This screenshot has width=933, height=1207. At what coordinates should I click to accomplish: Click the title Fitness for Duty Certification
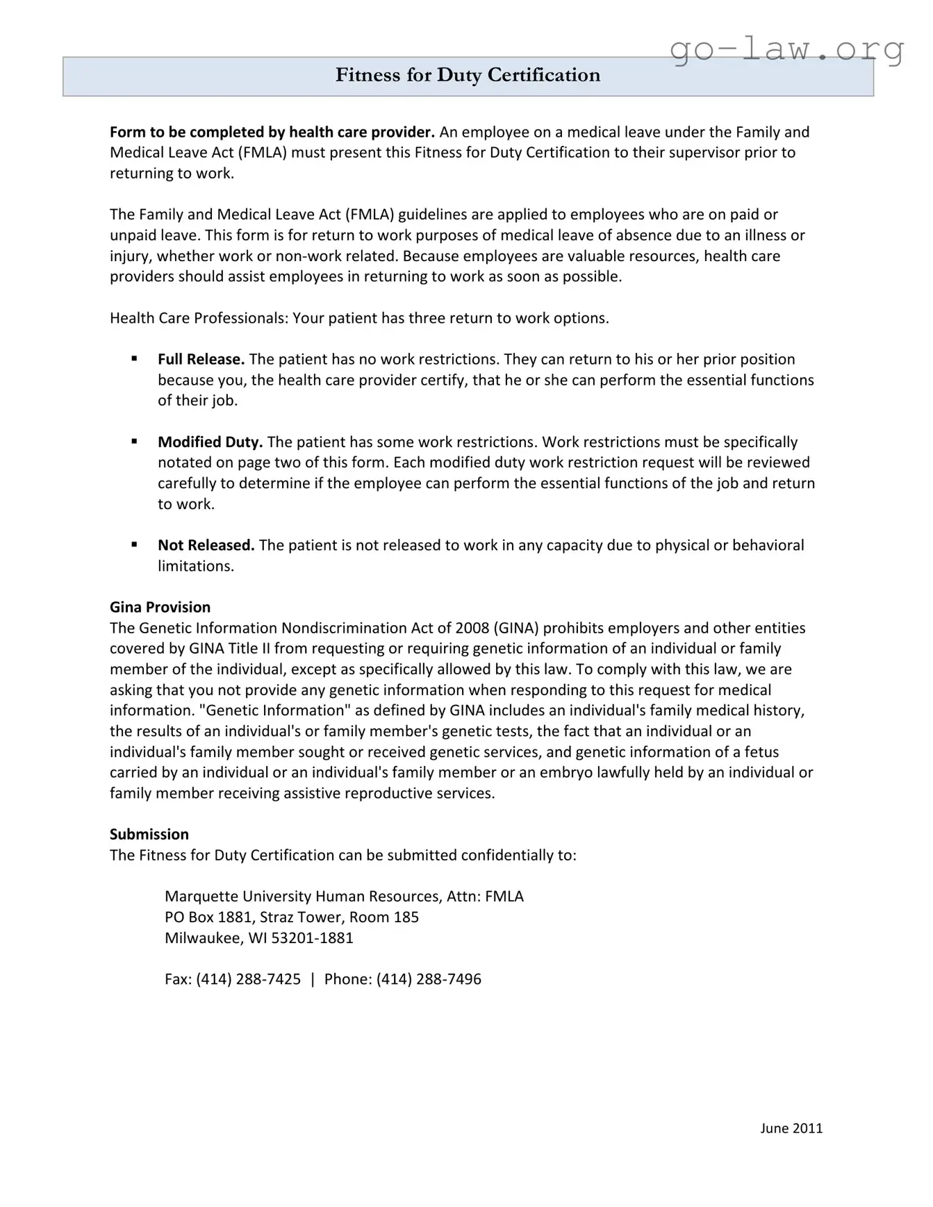pyautogui.click(x=468, y=75)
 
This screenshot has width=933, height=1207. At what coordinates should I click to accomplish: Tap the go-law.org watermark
pyautogui.click(x=787, y=49)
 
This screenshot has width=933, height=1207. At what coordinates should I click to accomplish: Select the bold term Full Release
pyautogui.click(x=201, y=359)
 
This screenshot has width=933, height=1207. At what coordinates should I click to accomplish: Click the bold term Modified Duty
pyautogui.click(x=210, y=442)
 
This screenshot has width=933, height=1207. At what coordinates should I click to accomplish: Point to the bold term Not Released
pyautogui.click(x=206, y=545)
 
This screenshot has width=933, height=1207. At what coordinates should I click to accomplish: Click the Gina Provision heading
pyautogui.click(x=160, y=607)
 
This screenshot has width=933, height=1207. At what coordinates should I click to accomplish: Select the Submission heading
pyautogui.click(x=149, y=834)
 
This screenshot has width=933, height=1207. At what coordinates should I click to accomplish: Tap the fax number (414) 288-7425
pyautogui.click(x=248, y=979)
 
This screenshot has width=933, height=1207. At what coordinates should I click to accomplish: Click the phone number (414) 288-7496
pyautogui.click(x=429, y=979)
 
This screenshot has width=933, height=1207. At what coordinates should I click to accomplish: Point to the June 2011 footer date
pyautogui.click(x=791, y=1129)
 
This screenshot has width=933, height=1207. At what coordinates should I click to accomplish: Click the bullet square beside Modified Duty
pyautogui.click(x=134, y=441)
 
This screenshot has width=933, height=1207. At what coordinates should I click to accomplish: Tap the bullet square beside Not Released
pyautogui.click(x=134, y=544)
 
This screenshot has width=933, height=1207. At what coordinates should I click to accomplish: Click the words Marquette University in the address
pyautogui.click(x=238, y=897)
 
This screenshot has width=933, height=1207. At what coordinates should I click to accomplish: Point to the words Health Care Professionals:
pyautogui.click(x=199, y=318)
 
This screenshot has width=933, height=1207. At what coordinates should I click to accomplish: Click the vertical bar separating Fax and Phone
pyautogui.click(x=313, y=979)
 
